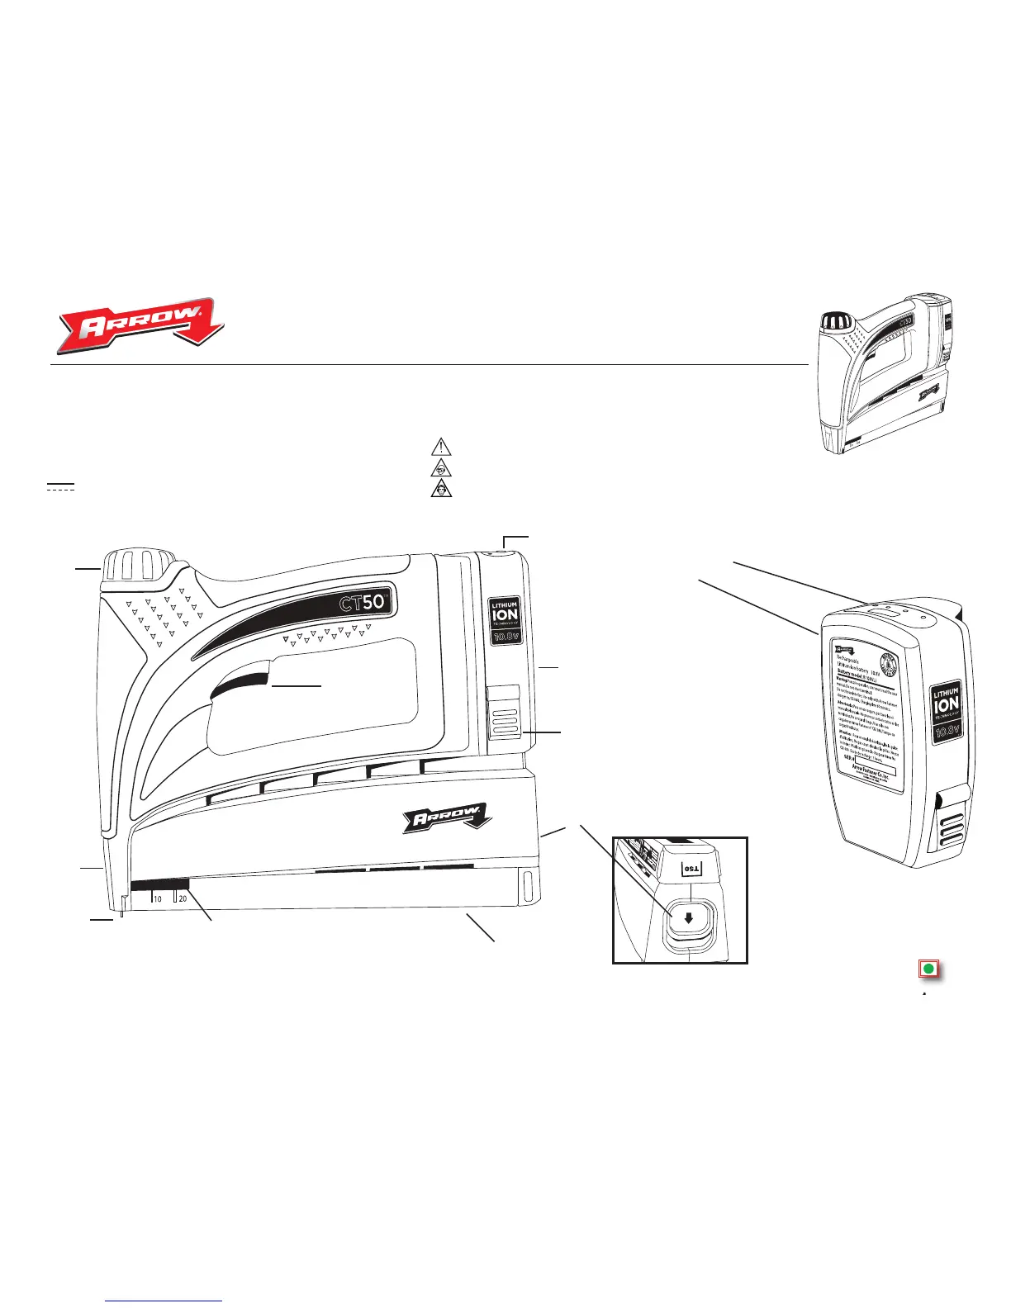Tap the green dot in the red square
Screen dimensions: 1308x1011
928,969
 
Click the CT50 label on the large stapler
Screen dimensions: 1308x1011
363,602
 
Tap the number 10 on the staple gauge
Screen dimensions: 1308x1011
157,899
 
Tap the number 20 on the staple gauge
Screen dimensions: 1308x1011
183,899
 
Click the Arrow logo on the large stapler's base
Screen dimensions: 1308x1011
447,819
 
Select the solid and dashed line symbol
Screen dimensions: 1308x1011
60,486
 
